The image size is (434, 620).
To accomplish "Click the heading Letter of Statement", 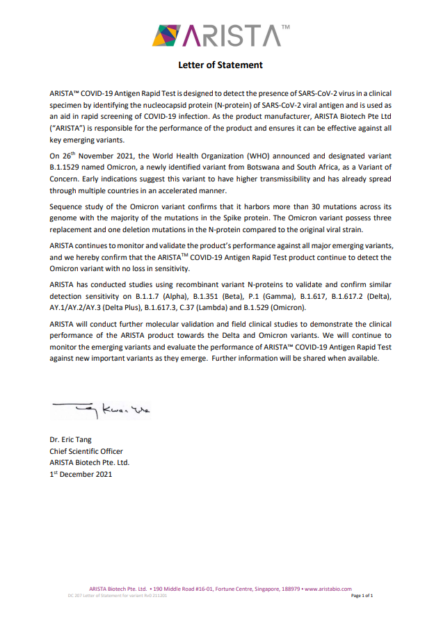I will pos(220,65).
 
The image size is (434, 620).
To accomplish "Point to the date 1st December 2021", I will pos(81,474).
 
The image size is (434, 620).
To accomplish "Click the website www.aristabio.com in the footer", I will pos(328,589).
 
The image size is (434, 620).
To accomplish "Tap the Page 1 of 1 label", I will pos(362,596).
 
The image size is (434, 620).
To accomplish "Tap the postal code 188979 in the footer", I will pos(287,589).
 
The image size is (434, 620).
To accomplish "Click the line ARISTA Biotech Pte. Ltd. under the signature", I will pos(89,462).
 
